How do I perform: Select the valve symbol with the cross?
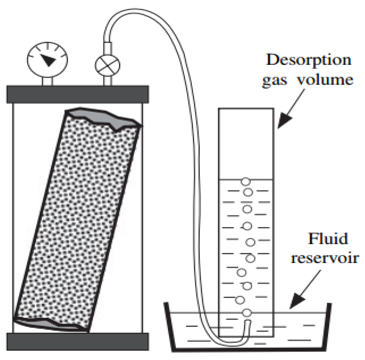coord(108,64)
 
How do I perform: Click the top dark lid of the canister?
coord(78,94)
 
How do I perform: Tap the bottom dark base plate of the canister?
coord(78,342)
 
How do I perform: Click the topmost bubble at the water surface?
coord(245,182)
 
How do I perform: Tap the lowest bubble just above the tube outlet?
coord(246,313)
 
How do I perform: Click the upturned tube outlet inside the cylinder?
coord(247,326)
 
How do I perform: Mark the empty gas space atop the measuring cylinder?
coord(247,144)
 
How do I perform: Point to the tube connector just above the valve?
coord(108,47)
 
